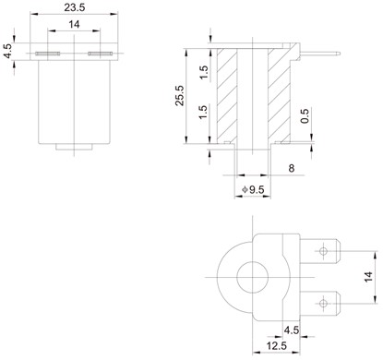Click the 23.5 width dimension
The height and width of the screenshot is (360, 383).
(x=74, y=7)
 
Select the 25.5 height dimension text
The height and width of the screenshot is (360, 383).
(x=180, y=96)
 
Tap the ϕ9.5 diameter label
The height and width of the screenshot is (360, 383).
(x=253, y=189)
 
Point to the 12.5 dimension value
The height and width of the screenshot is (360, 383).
(x=277, y=346)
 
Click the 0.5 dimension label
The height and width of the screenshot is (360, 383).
(x=305, y=116)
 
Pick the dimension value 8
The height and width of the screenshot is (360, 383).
(x=291, y=168)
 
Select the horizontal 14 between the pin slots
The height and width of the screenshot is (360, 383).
(x=74, y=24)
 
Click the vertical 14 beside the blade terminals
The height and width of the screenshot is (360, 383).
(x=368, y=277)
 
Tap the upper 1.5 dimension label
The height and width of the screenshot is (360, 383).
(x=204, y=72)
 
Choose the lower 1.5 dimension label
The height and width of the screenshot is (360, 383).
(x=203, y=113)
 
